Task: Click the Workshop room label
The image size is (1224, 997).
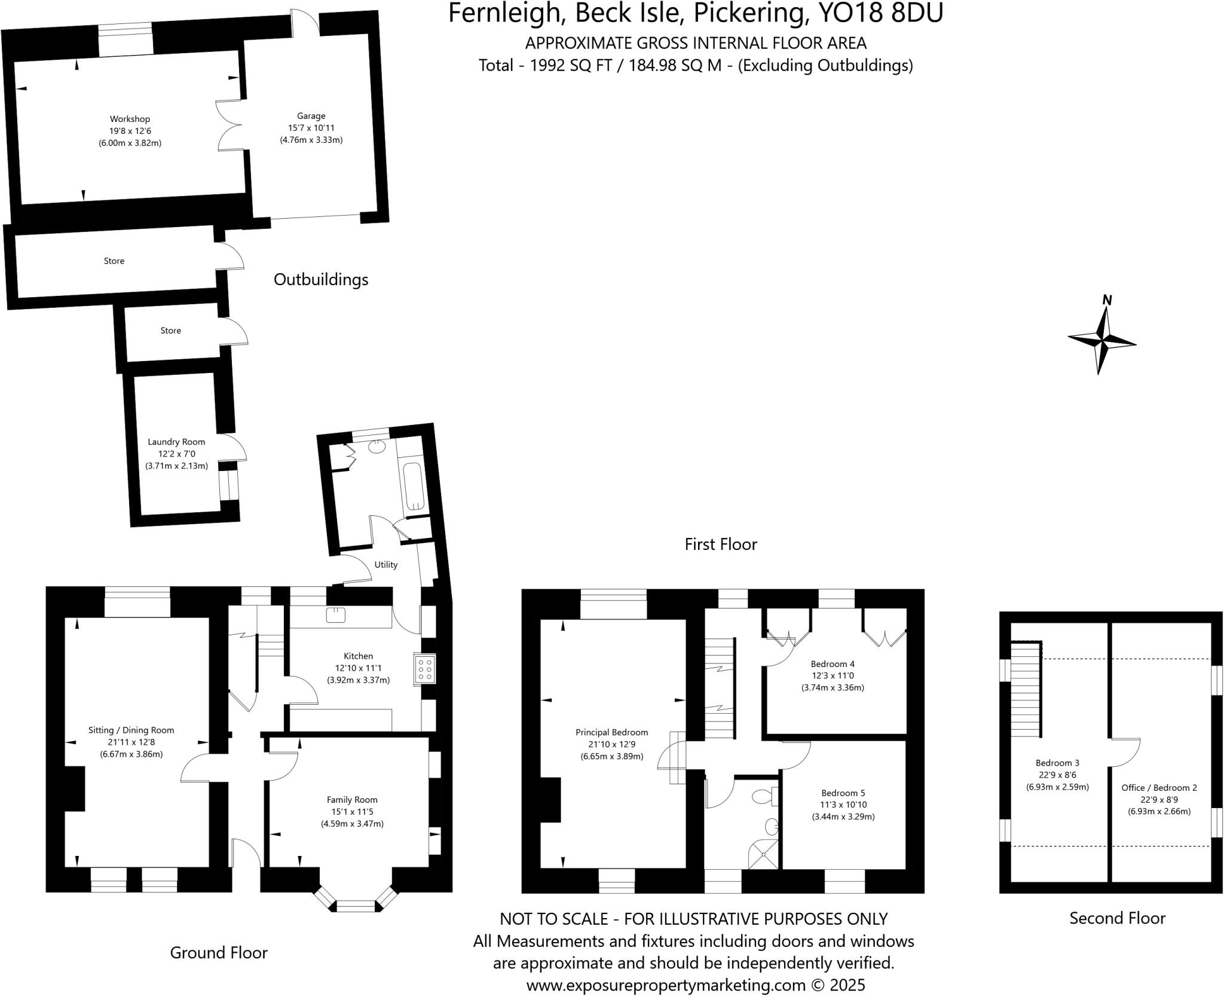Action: pos(130,119)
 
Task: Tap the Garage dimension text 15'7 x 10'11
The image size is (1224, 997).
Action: pos(311,128)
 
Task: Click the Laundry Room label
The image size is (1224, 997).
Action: pos(176,442)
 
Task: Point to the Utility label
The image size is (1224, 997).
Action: pos(385,564)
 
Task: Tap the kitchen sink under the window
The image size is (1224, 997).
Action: pos(336,614)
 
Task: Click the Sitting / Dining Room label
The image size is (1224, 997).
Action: pos(131,730)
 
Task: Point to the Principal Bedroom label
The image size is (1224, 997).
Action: pos(611,732)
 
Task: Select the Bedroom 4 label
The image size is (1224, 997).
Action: pos(833,663)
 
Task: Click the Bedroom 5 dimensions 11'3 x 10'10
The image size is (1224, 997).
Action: pos(843,805)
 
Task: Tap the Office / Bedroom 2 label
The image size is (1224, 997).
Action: pos(1159,787)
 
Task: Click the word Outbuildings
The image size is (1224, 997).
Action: pos(321,279)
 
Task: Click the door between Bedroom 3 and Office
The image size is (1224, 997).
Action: pos(1125,753)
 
